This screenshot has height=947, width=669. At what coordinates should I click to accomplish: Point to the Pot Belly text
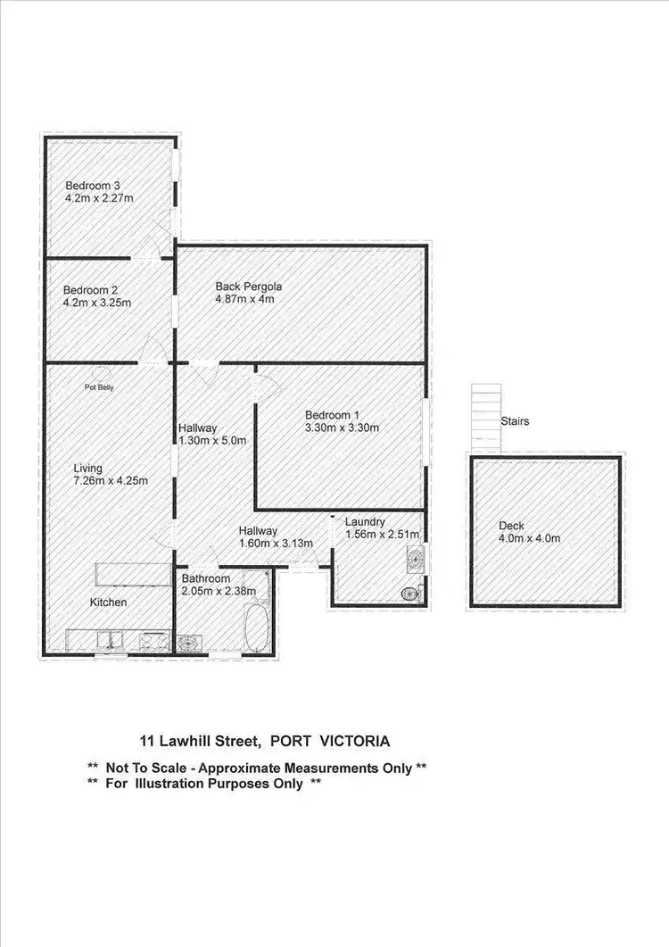point(99,387)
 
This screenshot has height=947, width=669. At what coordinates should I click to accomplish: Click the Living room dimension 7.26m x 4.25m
point(111,481)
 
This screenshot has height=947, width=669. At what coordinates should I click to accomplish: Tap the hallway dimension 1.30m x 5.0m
point(212,440)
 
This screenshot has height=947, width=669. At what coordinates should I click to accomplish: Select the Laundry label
point(365,521)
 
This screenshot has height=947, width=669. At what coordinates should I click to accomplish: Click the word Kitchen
point(108,602)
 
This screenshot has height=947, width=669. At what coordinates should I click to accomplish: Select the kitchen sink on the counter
point(111,639)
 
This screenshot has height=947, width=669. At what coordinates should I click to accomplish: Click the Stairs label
point(515,420)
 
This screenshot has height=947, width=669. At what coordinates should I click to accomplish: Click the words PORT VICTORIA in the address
point(329,741)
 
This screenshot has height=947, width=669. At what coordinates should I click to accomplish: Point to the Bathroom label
point(206,578)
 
